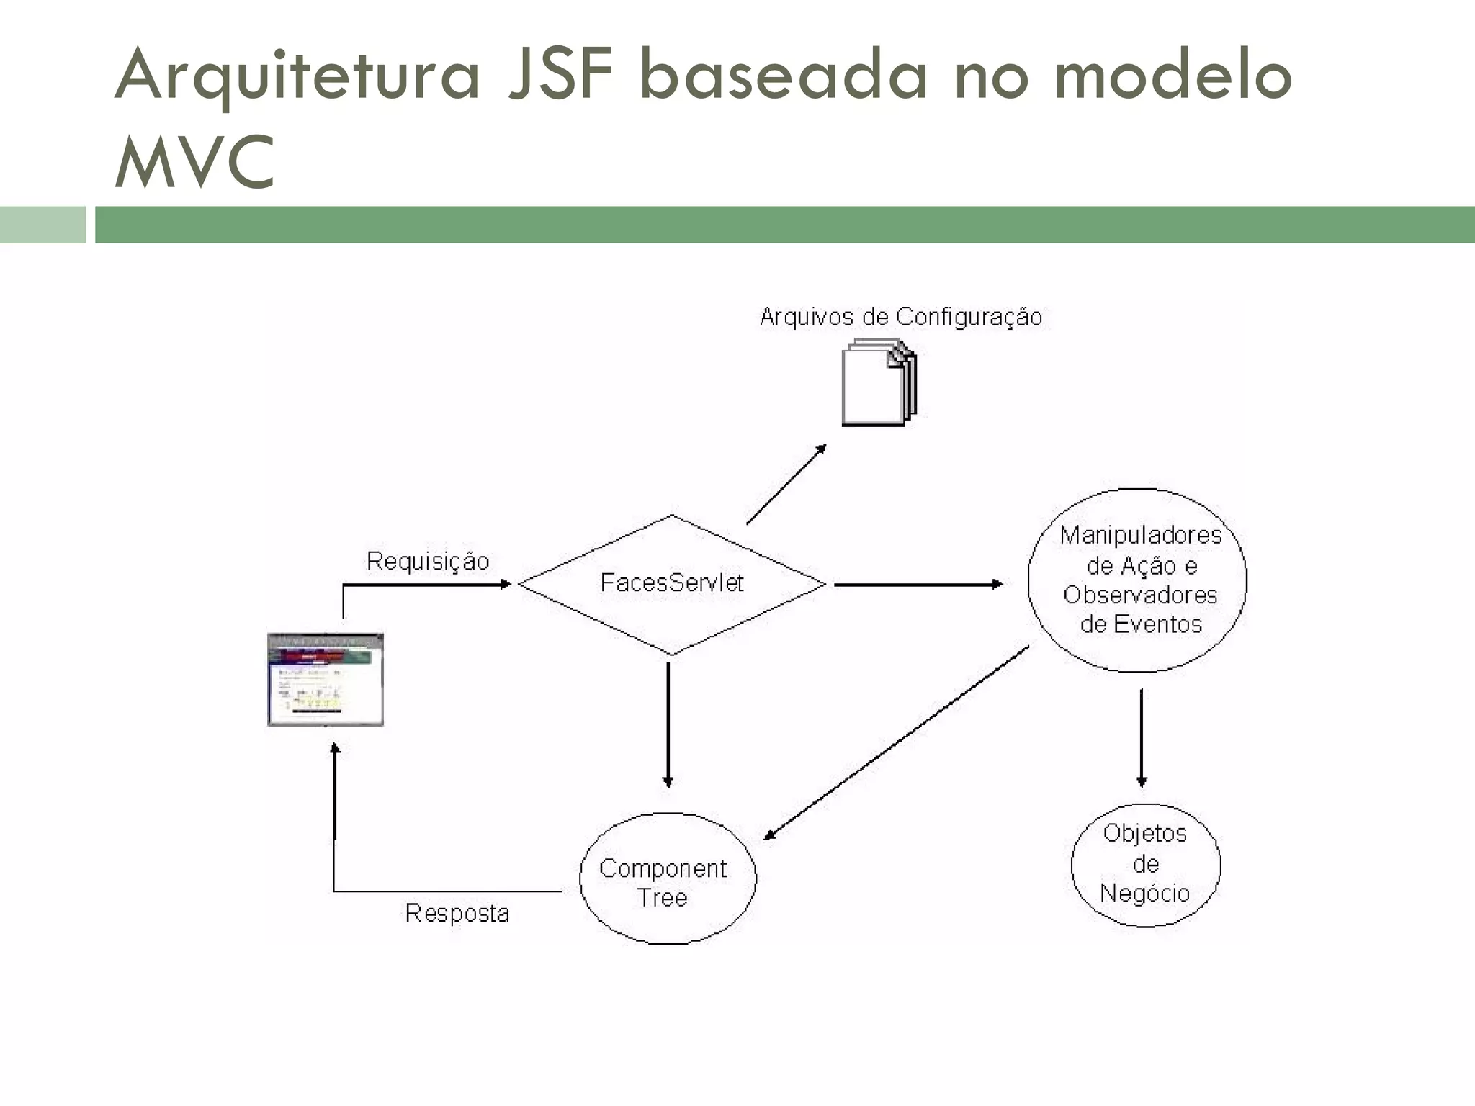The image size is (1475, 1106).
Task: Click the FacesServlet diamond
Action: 671,584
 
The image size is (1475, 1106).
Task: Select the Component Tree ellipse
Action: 668,879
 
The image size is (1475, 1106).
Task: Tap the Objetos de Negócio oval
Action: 1145,864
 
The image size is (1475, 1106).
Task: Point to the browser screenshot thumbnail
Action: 326,679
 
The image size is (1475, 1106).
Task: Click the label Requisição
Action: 428,562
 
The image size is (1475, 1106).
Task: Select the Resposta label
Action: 457,914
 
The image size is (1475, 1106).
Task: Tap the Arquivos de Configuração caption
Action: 901,317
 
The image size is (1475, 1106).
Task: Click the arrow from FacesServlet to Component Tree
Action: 668,724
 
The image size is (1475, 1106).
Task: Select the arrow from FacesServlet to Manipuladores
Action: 918,584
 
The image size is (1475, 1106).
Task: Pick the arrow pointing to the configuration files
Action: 786,484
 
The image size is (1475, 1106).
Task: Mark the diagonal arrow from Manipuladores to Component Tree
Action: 897,743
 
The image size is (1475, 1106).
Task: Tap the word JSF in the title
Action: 560,73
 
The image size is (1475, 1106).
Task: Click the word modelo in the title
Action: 1173,73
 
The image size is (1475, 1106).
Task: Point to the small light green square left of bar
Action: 42,225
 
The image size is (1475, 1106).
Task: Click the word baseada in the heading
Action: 783,73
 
